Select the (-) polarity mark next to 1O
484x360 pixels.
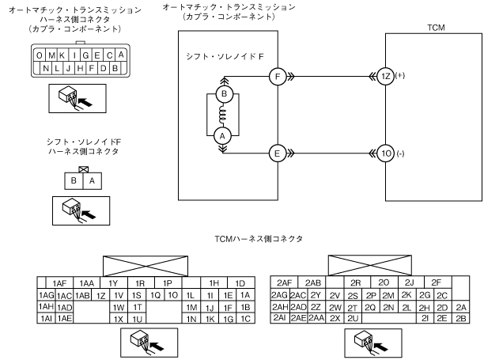coord(401,153)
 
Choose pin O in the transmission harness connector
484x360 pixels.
coord(39,55)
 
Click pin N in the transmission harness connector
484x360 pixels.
coord(44,68)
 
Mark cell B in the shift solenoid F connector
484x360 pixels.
coord(74,180)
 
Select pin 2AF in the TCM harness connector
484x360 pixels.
coord(285,282)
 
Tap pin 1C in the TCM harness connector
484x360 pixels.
coord(245,318)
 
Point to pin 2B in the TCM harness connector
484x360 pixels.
coord(462,318)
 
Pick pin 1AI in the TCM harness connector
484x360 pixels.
coord(44,318)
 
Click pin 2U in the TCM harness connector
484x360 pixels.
coord(351,318)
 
